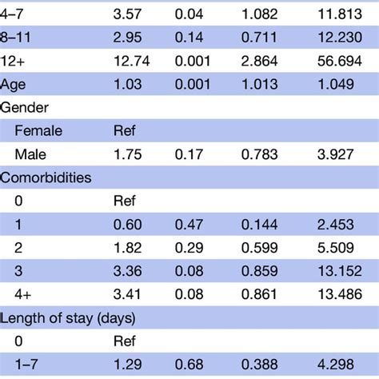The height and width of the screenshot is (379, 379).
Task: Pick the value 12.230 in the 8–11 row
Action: click(335, 38)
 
